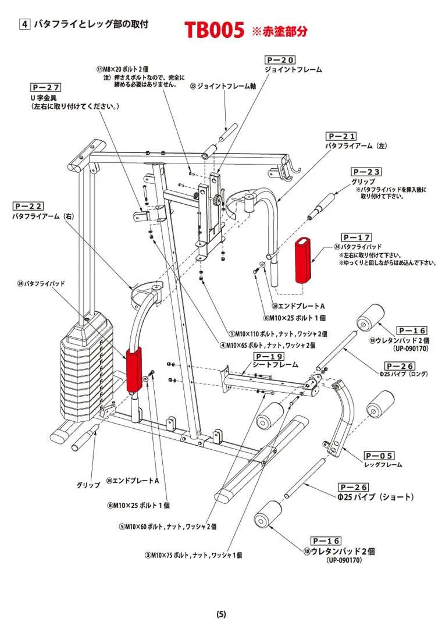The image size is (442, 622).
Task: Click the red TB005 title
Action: click(x=214, y=30)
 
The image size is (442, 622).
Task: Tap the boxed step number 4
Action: click(x=25, y=24)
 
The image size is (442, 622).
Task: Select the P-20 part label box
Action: click(x=280, y=60)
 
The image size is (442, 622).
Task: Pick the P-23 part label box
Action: click(x=366, y=172)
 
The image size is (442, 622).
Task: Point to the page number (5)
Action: click(x=221, y=614)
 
